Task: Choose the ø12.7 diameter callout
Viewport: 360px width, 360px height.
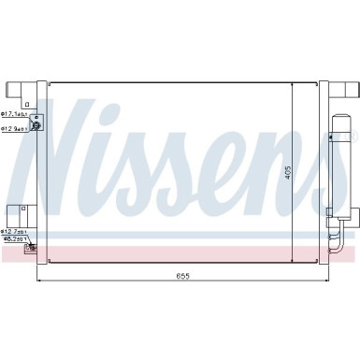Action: tap(12, 230)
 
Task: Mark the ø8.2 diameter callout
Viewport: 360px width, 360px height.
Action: tap(14, 238)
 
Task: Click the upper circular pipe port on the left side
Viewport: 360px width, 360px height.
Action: tap(36, 128)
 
